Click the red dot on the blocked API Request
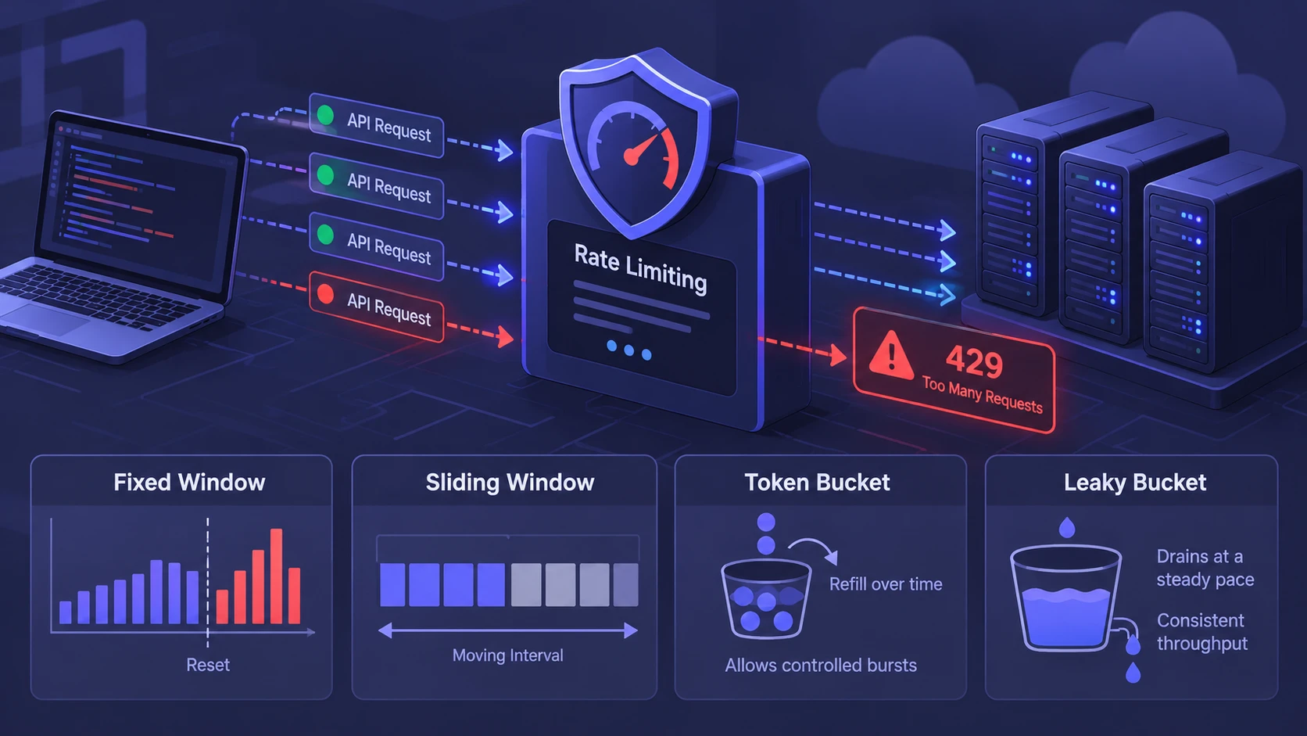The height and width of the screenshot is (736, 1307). [326, 295]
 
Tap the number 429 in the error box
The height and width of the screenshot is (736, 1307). [974, 362]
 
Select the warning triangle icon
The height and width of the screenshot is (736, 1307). [890, 355]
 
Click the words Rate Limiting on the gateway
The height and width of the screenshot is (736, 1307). [640, 268]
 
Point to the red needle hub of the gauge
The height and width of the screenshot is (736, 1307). [632, 156]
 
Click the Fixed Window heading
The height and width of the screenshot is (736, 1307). [189, 483]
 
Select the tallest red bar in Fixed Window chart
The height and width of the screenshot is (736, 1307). [276, 576]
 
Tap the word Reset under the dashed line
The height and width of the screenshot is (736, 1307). [208, 665]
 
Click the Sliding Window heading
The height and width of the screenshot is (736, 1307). [510, 483]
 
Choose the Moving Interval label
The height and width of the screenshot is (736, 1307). [507, 655]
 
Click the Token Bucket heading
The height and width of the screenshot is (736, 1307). [817, 483]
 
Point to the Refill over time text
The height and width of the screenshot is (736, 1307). [886, 584]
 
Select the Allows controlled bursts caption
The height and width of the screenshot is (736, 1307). [821, 666]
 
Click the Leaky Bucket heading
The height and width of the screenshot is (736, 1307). [1135, 483]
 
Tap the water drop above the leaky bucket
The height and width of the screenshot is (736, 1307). [1067, 526]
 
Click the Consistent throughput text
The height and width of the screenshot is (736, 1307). [1202, 631]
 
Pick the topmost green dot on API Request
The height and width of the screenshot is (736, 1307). [326, 115]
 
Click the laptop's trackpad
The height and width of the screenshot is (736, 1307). [44, 319]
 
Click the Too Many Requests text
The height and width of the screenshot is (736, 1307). [982, 394]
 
